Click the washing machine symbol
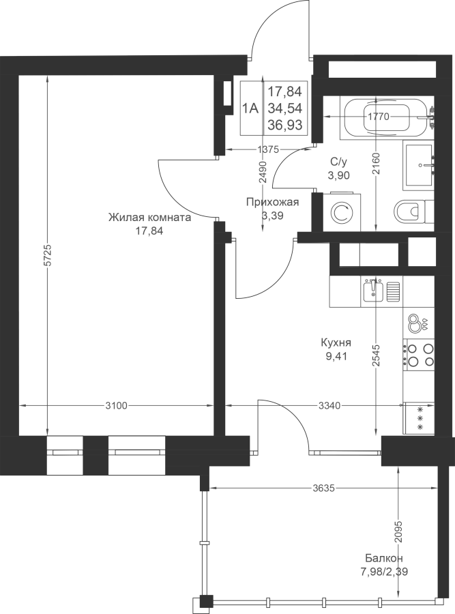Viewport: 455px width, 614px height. point(342,211)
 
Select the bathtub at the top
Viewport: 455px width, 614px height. point(387,117)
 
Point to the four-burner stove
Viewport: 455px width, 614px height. point(419,355)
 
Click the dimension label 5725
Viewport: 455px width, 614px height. point(47,256)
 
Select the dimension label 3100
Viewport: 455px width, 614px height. point(116,406)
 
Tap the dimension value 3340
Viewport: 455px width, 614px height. point(329,406)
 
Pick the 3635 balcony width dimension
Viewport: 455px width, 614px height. point(324,488)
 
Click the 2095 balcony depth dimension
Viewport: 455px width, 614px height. point(398,531)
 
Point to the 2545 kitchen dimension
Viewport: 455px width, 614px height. point(377,355)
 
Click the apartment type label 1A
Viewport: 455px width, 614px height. point(250,108)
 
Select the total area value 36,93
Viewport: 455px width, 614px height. point(285,125)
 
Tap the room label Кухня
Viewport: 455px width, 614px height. point(336,342)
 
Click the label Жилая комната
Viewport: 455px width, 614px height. point(149,218)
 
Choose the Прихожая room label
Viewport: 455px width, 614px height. point(273,202)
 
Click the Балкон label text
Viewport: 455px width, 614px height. point(384,557)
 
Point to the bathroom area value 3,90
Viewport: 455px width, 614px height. point(339,175)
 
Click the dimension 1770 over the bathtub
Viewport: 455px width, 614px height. point(378,117)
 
